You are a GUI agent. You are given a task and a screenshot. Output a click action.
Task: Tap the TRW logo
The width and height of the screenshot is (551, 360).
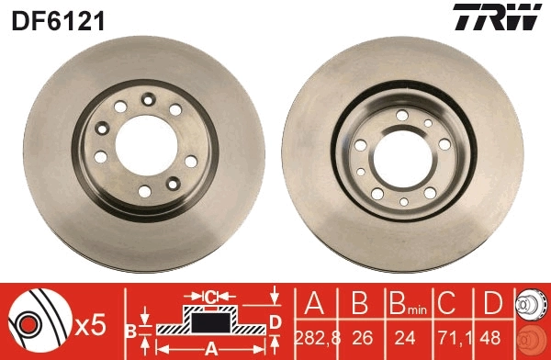coord(508,17)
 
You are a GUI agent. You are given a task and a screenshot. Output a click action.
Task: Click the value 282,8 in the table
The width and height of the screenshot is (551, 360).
coord(317,337)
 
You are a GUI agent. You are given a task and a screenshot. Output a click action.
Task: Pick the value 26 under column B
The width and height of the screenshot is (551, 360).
coord(360,337)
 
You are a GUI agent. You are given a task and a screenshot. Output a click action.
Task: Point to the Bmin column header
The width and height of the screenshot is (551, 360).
coord(404,304)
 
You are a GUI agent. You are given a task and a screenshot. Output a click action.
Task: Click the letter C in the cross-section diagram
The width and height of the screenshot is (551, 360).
coord(208,296)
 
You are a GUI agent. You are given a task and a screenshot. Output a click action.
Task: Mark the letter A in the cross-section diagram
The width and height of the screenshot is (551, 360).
coord(210,348)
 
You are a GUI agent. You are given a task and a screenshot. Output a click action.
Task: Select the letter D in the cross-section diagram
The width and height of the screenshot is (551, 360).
coord(275,320)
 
